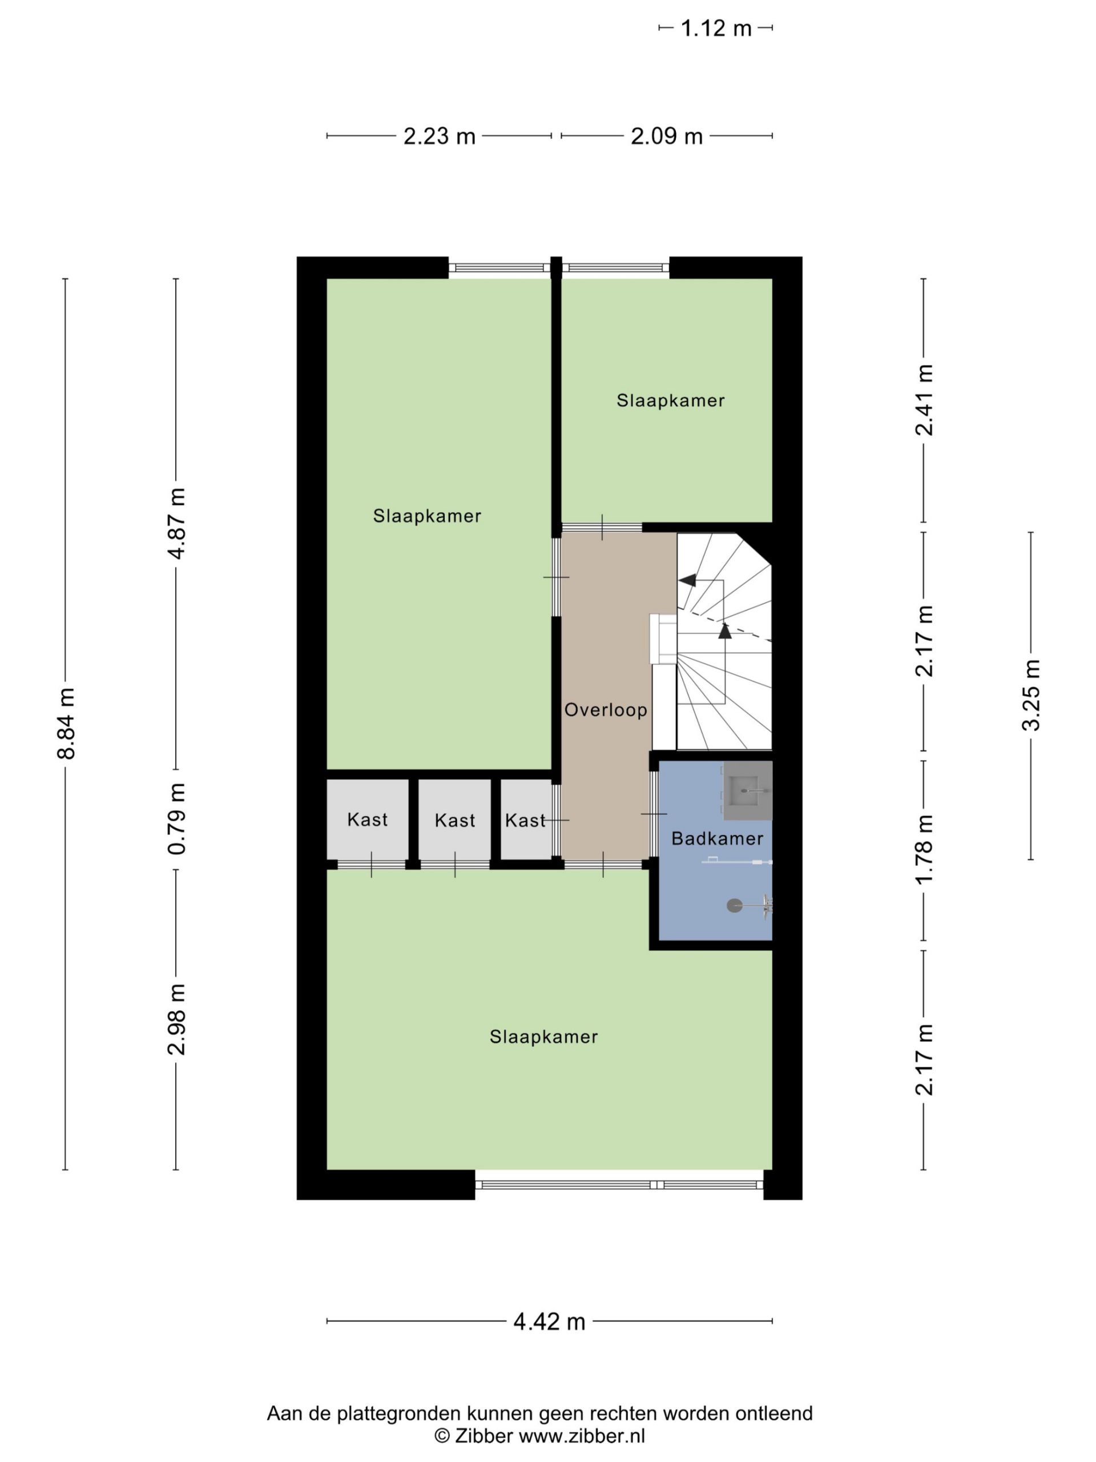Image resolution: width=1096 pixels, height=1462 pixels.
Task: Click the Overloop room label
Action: click(605, 710)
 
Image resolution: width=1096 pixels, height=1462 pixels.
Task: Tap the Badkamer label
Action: click(717, 839)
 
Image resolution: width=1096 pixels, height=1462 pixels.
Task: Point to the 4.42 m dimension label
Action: click(549, 1321)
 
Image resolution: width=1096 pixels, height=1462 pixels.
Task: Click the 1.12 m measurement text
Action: click(716, 29)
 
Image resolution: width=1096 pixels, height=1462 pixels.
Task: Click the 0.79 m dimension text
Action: click(176, 819)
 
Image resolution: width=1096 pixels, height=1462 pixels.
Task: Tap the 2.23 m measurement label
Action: click(440, 136)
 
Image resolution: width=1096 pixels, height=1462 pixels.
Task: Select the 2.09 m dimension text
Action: click(667, 136)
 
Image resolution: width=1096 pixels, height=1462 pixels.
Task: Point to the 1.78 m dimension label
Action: click(924, 849)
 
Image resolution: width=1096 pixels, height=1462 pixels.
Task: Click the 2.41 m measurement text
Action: click(924, 400)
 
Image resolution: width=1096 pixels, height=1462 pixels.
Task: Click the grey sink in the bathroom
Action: click(748, 790)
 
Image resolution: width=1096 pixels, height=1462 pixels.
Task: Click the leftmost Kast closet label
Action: click(367, 820)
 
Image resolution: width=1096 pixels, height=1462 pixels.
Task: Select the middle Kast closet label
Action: click(454, 820)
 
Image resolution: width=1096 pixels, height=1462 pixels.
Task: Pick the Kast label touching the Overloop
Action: click(525, 820)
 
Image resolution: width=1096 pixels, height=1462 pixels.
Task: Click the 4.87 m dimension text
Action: click(176, 524)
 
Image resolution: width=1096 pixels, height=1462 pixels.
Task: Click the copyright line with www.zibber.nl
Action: click(539, 1436)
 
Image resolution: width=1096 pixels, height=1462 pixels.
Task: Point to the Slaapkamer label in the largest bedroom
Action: click(543, 1037)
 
